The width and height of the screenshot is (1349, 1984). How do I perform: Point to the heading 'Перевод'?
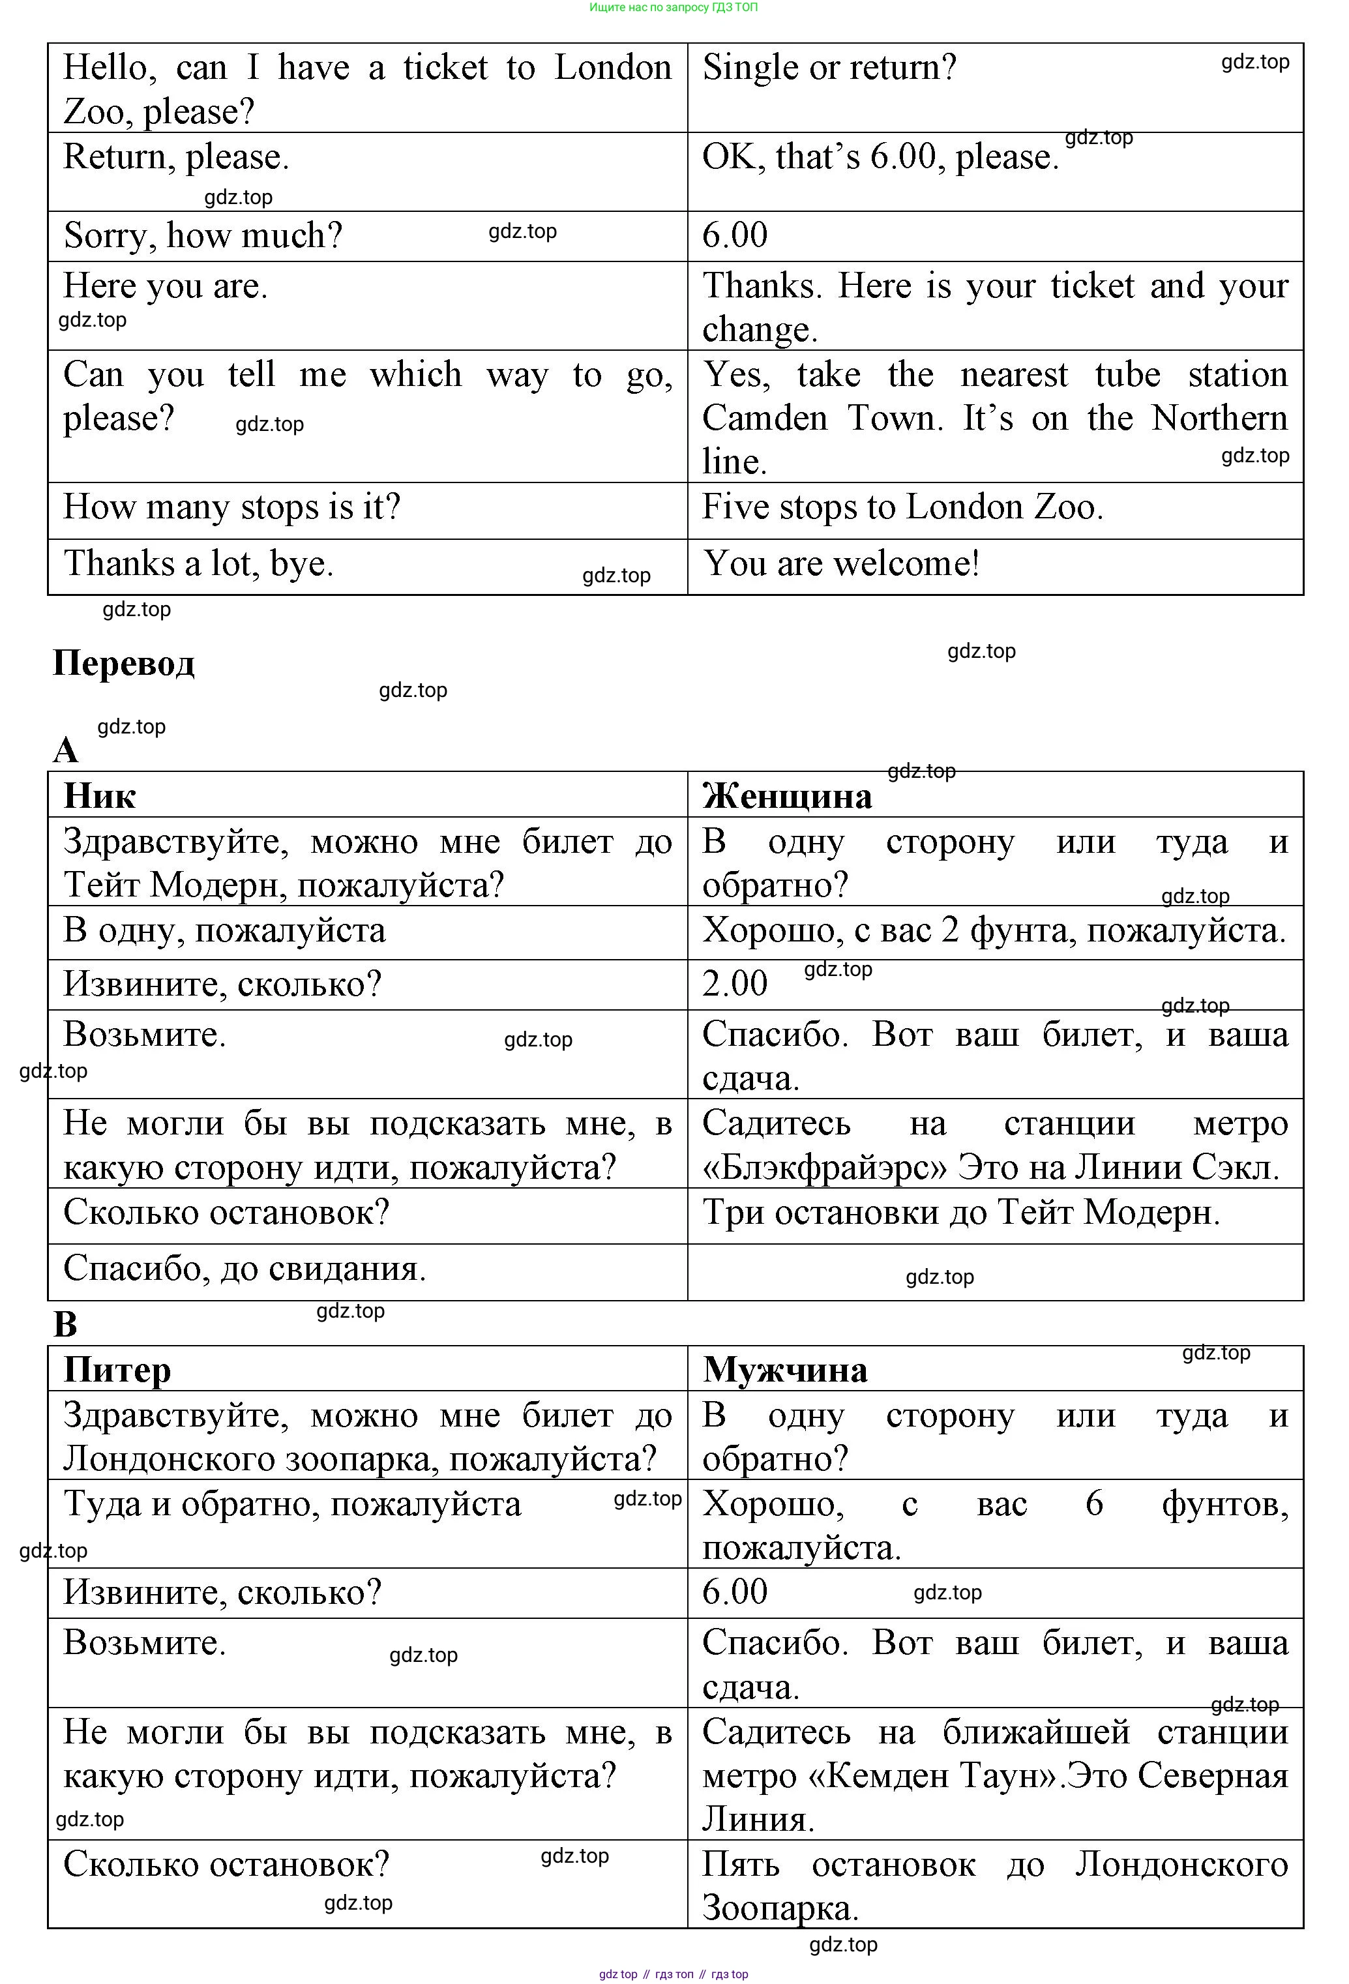pyautogui.click(x=124, y=663)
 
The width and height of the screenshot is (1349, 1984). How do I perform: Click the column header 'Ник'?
pyautogui.click(x=100, y=795)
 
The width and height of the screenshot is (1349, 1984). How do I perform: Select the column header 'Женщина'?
pyautogui.click(x=787, y=795)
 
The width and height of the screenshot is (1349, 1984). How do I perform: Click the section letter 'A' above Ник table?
pyautogui.click(x=66, y=750)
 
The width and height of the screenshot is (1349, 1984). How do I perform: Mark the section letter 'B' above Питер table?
pyautogui.click(x=66, y=1324)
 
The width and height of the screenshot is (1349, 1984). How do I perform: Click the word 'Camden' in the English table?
pyautogui.click(x=765, y=419)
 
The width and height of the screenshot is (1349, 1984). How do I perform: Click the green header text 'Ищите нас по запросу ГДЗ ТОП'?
pyautogui.click(x=674, y=8)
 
